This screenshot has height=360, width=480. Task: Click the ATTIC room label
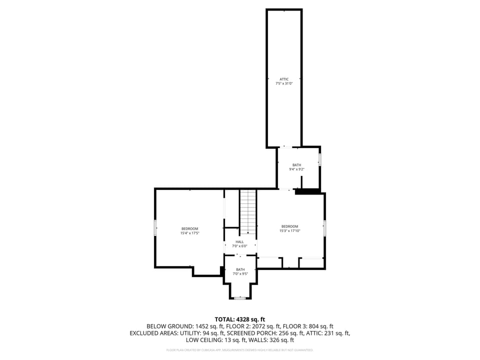pos(284,79)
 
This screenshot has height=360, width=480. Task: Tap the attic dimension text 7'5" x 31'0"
pos(284,83)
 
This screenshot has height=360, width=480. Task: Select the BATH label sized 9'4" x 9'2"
pos(297,165)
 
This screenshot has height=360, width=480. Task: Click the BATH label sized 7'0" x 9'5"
pos(240,269)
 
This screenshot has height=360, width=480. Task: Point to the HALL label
pos(240,241)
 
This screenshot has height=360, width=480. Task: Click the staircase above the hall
pos(247,211)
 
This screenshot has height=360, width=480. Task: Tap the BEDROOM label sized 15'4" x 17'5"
pos(189,229)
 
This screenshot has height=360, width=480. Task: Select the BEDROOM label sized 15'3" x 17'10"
pos(289,226)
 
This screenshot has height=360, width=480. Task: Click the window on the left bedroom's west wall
pos(155,227)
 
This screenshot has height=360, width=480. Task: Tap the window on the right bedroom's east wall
pos(325,228)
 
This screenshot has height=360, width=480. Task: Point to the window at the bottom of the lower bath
pos(240,298)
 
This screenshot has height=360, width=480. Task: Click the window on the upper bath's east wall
pos(320,159)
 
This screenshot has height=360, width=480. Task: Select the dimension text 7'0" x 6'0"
pos(240,246)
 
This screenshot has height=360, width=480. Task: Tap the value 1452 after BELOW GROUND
pos(197,326)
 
